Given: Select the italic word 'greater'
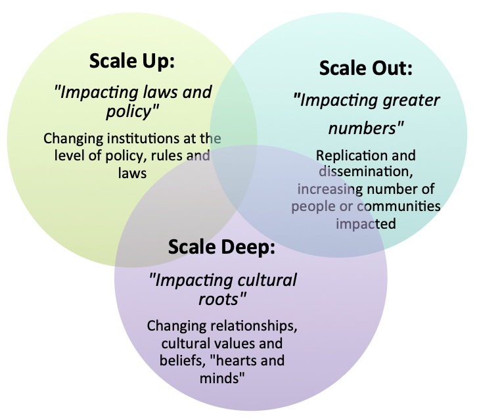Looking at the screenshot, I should (x=411, y=101).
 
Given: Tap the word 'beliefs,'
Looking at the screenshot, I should (x=183, y=360).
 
